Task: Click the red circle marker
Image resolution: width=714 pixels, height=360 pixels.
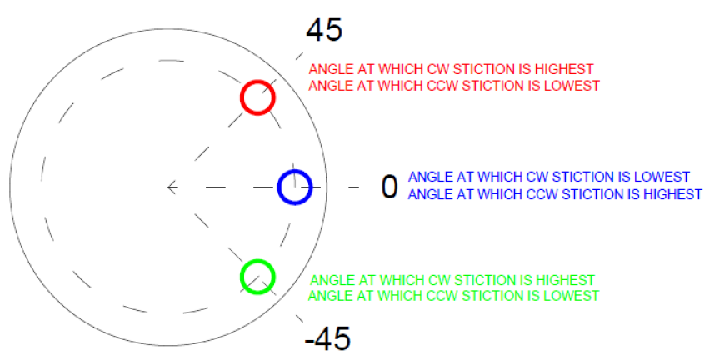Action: click(x=257, y=97)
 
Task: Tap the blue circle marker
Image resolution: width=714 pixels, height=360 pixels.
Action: click(x=295, y=187)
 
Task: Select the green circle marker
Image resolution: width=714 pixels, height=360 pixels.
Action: click(x=257, y=277)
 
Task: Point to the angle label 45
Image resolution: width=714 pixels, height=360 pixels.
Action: click(x=324, y=30)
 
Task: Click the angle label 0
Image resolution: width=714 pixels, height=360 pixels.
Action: click(x=389, y=187)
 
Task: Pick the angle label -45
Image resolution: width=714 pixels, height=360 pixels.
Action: click(x=327, y=339)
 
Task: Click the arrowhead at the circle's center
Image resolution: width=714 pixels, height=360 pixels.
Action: click(x=172, y=187)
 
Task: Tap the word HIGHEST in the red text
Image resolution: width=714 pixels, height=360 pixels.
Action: click(x=564, y=69)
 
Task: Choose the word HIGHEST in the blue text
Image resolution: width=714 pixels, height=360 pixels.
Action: click(x=672, y=194)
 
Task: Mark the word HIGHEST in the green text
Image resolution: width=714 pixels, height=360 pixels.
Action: click(x=565, y=280)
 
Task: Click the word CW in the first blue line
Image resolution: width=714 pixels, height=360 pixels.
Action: click(x=537, y=177)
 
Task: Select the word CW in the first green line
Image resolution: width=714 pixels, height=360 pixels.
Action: click(x=438, y=280)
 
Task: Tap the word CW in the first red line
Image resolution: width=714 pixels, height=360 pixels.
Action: click(x=437, y=69)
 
